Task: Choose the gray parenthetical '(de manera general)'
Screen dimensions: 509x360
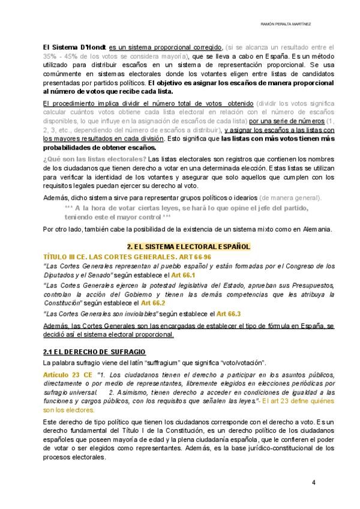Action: (290, 197)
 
